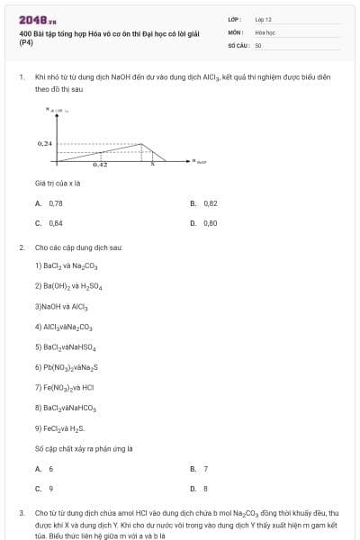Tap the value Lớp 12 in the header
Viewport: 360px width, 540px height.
[x=263, y=19]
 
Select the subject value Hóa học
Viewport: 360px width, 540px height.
[x=265, y=31]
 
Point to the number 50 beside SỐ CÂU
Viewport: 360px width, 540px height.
[x=258, y=44]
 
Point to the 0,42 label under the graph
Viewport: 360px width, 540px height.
[x=100, y=165]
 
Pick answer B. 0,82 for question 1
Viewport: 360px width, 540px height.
[x=204, y=203]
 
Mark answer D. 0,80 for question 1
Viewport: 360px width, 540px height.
[x=204, y=222]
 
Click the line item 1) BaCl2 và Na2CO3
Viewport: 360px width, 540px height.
[x=65, y=265]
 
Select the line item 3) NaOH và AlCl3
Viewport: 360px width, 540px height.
[x=61, y=306]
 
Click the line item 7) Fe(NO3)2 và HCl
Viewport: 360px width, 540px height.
[x=64, y=387]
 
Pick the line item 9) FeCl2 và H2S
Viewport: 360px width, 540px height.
[x=59, y=427]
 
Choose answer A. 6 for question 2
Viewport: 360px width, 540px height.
[x=44, y=469]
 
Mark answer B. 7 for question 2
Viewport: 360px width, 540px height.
[x=200, y=469]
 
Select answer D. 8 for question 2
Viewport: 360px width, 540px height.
[x=200, y=488]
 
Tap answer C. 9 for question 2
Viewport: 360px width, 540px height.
[x=44, y=488]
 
